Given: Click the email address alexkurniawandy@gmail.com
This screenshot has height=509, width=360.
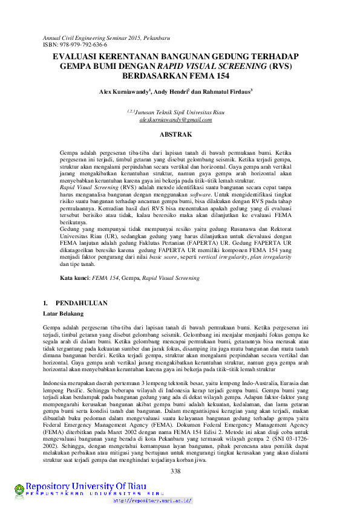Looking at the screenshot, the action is click(x=175, y=120).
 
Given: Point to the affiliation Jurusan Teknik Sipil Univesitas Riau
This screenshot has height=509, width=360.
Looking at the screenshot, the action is click(x=179, y=112).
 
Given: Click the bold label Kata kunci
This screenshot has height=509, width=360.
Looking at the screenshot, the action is click(x=74, y=278).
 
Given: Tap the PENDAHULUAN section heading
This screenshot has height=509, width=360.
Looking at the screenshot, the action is click(x=81, y=302).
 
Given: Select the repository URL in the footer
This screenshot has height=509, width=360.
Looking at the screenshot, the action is click(x=153, y=501).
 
